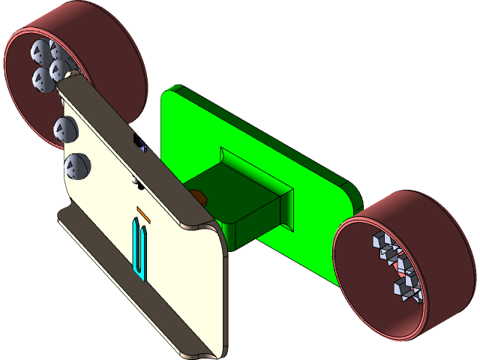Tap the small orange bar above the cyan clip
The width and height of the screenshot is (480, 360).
point(144,214)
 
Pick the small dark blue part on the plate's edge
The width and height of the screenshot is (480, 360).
point(140,142)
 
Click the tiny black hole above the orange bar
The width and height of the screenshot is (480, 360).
point(136,182)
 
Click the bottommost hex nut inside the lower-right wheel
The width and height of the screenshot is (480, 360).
point(405,288)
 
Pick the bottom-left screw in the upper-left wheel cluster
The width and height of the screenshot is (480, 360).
point(40,78)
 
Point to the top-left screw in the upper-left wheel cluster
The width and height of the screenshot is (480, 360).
point(38,51)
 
